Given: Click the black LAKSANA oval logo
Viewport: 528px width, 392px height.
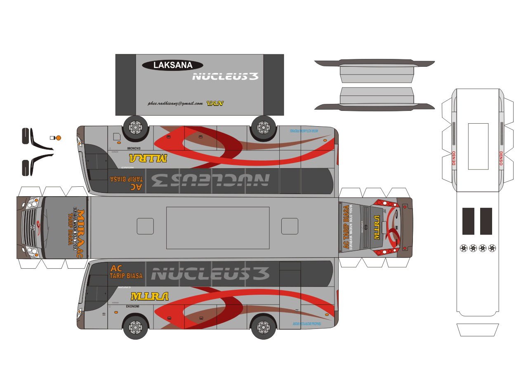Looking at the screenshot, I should [172, 65].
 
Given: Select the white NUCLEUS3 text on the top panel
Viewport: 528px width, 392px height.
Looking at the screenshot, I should [225, 76].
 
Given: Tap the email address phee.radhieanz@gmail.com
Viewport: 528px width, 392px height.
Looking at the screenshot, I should [175, 103].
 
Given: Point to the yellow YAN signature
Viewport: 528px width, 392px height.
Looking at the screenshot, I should [215, 103].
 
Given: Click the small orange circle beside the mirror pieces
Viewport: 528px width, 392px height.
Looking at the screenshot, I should [59, 138].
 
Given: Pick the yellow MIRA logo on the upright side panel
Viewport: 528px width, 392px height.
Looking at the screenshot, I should [149, 296].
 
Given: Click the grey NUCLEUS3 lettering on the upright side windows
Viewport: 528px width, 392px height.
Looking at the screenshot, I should [210, 274].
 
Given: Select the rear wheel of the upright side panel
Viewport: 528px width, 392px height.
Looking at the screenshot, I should [264, 327].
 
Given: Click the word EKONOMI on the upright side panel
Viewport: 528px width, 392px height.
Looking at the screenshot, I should [132, 306].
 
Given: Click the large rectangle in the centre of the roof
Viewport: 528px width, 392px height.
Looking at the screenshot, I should [218, 228].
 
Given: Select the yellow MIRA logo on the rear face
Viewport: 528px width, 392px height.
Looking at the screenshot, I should [376, 228].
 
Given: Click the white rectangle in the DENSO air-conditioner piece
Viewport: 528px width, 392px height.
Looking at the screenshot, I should [478, 146].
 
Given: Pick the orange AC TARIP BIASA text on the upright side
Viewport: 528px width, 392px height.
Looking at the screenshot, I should [126, 272].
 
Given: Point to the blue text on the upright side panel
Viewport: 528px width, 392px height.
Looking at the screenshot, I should [306, 324].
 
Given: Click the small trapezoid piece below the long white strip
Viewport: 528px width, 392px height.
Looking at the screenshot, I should [478, 330].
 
